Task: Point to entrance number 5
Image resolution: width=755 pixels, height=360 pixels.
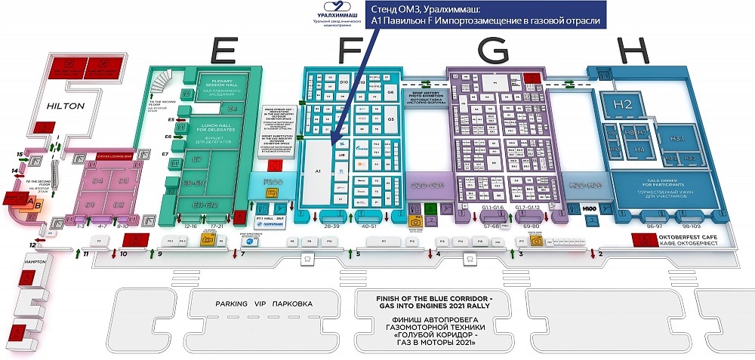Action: point(359,254)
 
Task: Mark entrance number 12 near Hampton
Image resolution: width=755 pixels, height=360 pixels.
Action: point(32,245)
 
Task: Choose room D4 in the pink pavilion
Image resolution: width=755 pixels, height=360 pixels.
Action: point(98,181)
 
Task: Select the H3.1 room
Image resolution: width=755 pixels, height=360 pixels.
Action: point(676,140)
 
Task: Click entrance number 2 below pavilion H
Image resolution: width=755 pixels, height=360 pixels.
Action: point(600,254)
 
